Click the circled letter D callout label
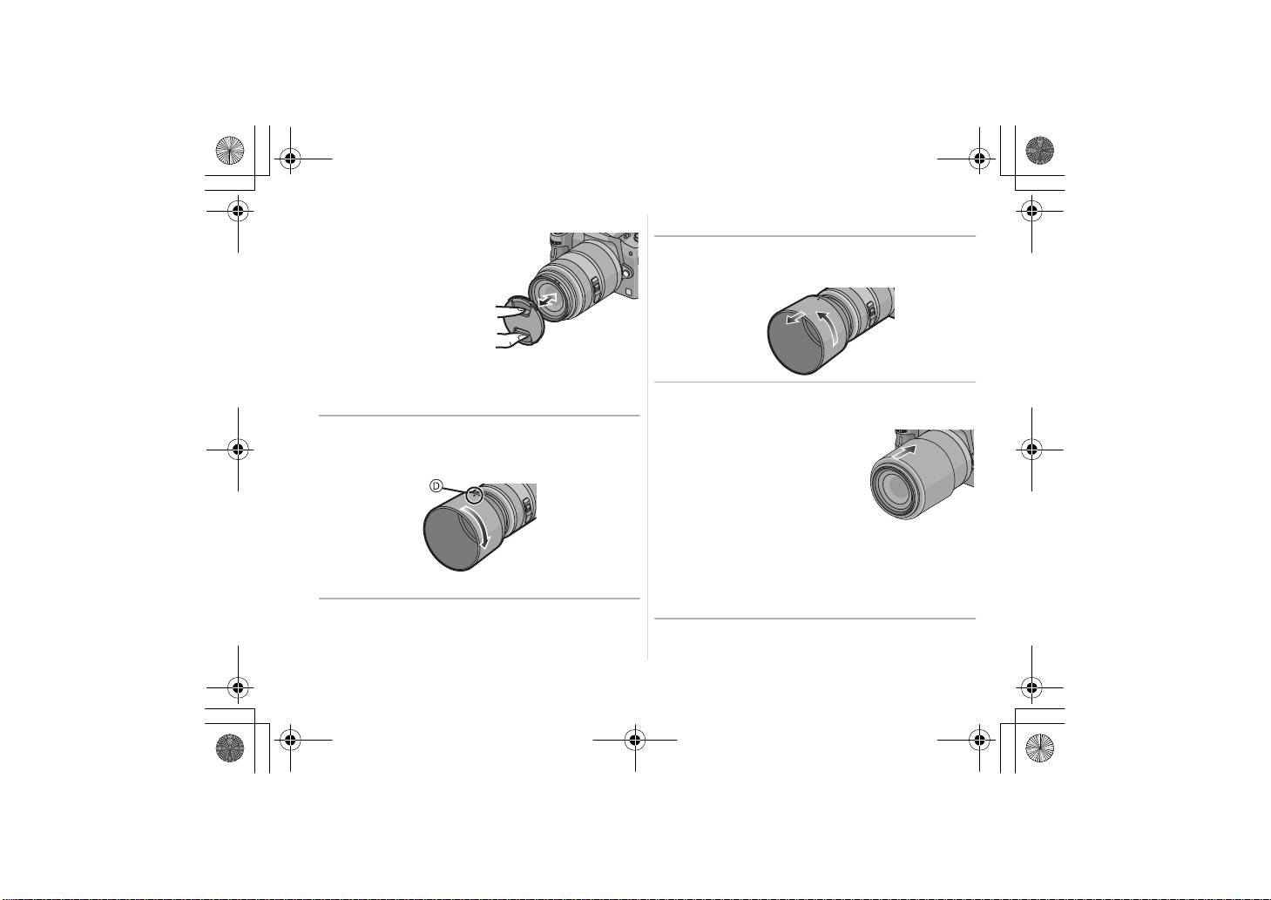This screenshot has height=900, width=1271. click(436, 486)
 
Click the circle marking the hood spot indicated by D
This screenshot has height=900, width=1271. click(475, 495)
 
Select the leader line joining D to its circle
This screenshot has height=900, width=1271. click(454, 490)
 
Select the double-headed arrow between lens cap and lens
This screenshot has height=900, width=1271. click(548, 300)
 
